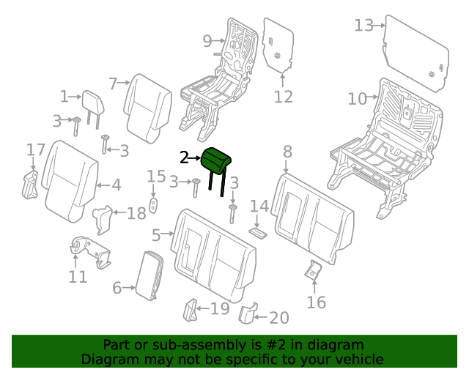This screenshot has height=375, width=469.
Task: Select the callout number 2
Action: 185,157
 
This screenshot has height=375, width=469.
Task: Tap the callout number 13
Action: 363,26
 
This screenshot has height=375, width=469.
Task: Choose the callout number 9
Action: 207,40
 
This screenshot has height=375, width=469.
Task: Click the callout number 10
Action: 357,98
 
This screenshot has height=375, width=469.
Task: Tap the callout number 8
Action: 287,152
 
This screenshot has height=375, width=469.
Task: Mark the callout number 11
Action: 78,277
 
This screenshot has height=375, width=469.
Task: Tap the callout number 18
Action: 136,213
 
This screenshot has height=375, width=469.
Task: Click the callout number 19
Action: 220,308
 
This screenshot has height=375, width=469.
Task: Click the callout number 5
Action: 156,235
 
